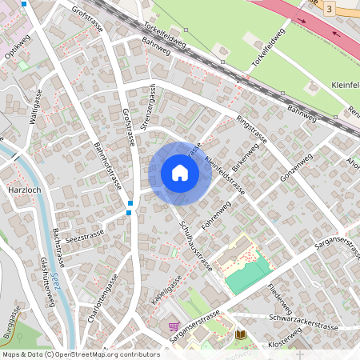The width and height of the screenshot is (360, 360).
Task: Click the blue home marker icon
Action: tap(179, 173)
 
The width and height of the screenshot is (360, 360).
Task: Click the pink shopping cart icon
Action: tap(174, 326)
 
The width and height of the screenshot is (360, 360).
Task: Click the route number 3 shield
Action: tap(330, 8)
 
